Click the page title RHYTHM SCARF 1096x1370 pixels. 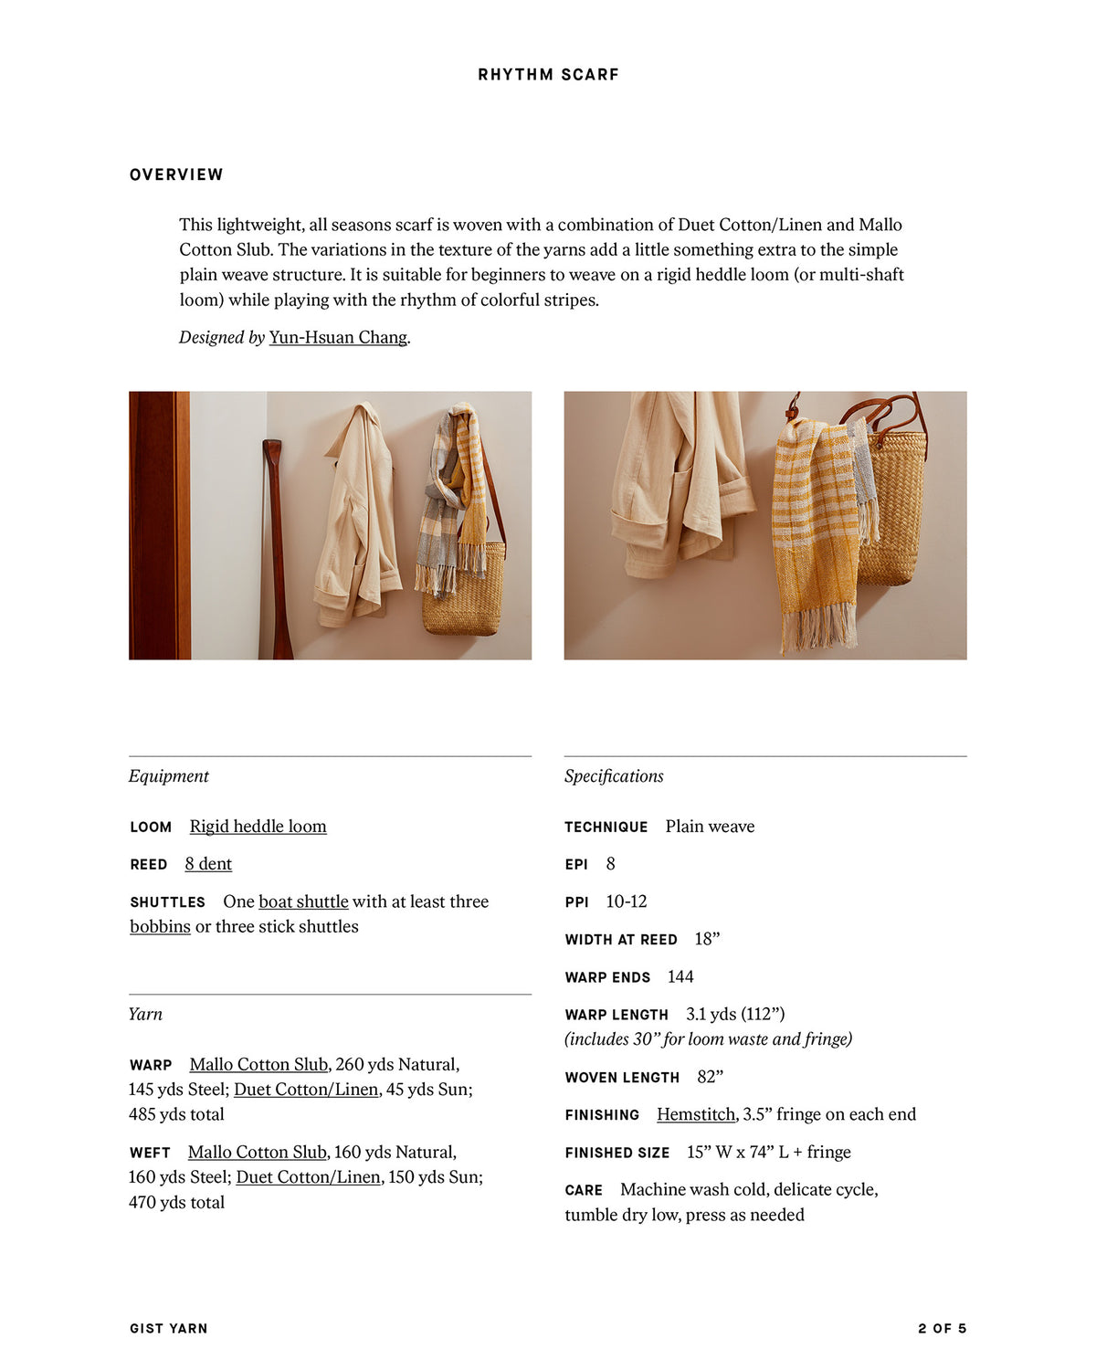pyautogui.click(x=548, y=75)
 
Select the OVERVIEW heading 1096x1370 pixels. pyautogui.click(x=176, y=174)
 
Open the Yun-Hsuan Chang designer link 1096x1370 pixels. pyautogui.click(x=338, y=337)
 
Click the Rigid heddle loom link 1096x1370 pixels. pyautogui.click(x=258, y=827)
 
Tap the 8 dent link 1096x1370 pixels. pyautogui.click(x=208, y=864)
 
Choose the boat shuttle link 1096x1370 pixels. pyautogui.click(x=303, y=901)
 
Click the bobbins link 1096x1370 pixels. pyautogui.click(x=160, y=927)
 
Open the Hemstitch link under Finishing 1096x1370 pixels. pyautogui.click(x=696, y=1114)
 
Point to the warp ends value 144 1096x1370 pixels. pyautogui.click(x=680, y=977)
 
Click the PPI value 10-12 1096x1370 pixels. pyautogui.click(x=627, y=901)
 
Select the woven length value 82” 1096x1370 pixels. pyautogui.click(x=710, y=1077)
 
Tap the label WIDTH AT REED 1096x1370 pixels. pyautogui.click(x=621, y=940)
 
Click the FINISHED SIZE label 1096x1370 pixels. pyautogui.click(x=616, y=1153)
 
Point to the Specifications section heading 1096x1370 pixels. pyautogui.click(x=614, y=776)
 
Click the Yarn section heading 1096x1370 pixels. pyautogui.click(x=145, y=1014)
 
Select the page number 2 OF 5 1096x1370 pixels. pyautogui.click(x=942, y=1329)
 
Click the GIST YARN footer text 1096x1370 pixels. pyautogui.click(x=169, y=1329)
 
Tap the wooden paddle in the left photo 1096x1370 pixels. pyautogui.click(x=274, y=548)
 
